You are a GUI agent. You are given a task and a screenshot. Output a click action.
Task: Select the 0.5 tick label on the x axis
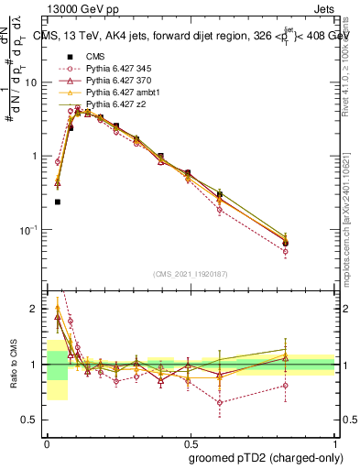click(191, 440)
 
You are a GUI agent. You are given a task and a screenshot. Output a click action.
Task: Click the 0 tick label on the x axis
click(47, 440)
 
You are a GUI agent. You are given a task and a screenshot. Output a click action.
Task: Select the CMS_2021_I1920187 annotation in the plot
click(191, 272)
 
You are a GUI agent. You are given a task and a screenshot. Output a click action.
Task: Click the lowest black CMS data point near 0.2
click(58, 202)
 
